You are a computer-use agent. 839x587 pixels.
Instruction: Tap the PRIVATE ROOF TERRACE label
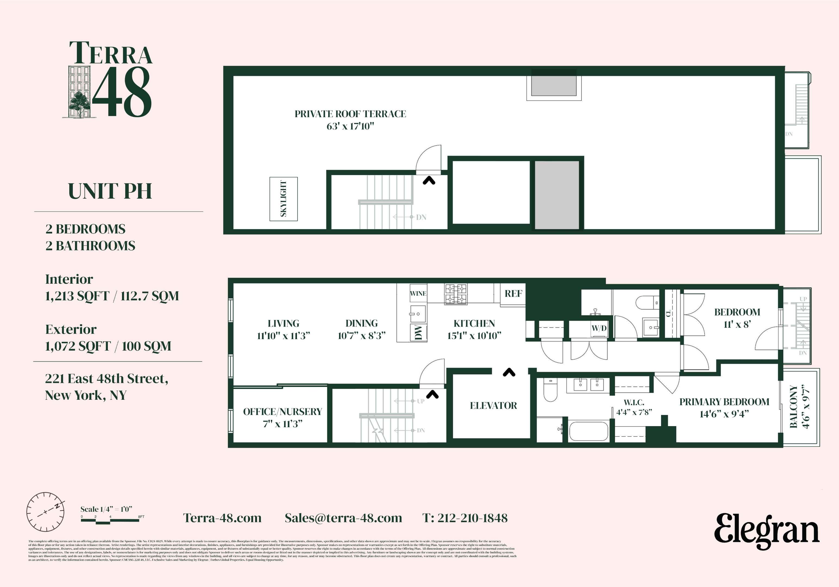350,114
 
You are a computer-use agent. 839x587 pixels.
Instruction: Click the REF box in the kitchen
513,294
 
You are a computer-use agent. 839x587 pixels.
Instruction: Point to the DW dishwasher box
418,332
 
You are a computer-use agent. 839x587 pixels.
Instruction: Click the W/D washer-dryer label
599,328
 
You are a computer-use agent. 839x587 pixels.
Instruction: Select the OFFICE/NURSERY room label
283,412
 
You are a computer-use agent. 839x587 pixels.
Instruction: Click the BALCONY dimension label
800,407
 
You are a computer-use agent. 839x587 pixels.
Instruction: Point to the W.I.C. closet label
634,402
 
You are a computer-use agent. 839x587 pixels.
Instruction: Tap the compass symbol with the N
45,512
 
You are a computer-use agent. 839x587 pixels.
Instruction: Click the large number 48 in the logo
122,92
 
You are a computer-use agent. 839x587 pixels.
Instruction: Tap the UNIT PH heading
110,191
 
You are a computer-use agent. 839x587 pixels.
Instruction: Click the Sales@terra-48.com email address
343,518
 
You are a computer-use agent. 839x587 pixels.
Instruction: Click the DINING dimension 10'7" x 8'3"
361,336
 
